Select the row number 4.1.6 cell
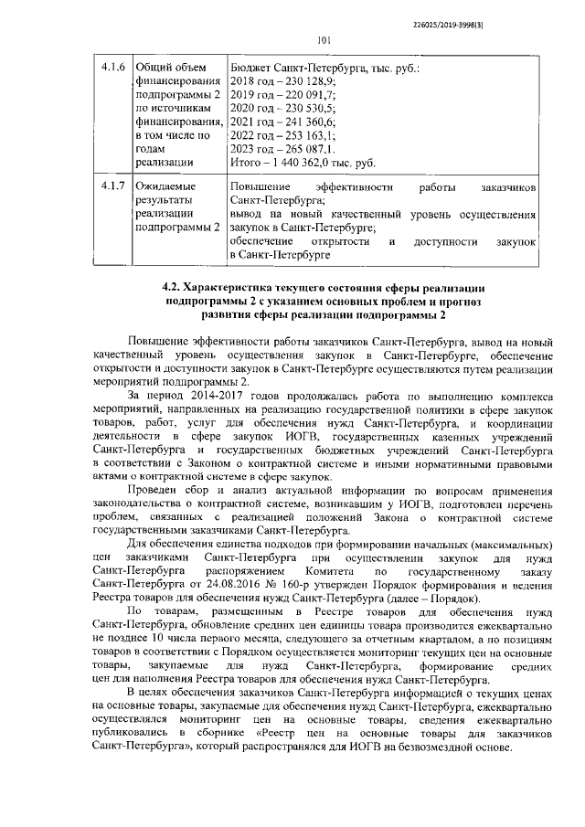(112, 68)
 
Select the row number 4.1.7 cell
(112, 186)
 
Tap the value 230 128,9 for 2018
(313, 81)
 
